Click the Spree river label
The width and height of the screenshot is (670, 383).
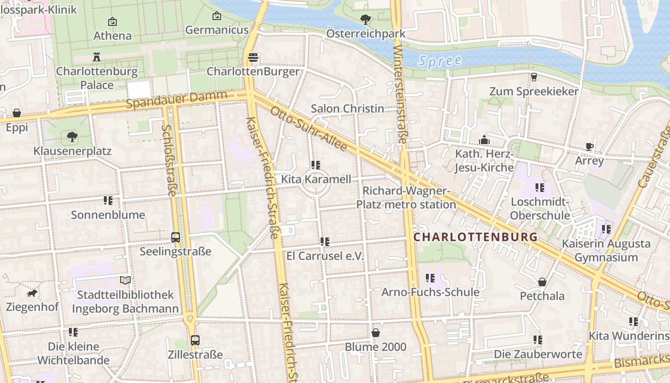(x=439, y=61)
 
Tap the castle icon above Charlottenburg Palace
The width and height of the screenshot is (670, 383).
(x=97, y=57)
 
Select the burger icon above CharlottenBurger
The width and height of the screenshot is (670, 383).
(x=253, y=58)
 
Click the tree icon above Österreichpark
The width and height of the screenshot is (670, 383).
(x=366, y=20)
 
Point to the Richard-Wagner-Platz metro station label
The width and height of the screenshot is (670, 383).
(x=406, y=198)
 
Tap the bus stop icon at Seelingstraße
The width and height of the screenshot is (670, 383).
(x=176, y=237)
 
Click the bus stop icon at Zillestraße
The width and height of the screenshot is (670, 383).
(x=195, y=340)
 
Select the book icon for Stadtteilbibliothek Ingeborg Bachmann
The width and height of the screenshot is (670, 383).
(x=125, y=280)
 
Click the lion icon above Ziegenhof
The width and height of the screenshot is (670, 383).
(x=32, y=293)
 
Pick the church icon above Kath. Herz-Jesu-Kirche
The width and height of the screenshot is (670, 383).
(x=484, y=140)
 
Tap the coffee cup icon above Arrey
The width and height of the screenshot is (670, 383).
(x=589, y=146)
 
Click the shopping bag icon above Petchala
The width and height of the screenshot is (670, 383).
(x=542, y=282)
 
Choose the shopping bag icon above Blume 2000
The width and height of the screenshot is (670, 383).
(x=376, y=332)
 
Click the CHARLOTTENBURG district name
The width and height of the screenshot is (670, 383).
(x=475, y=237)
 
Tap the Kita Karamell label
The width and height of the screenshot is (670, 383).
(x=316, y=180)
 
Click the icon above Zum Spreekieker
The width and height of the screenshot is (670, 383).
(x=534, y=77)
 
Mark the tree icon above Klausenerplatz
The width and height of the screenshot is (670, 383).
(x=72, y=137)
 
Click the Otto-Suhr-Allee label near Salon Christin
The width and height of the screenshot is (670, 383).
(x=309, y=129)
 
